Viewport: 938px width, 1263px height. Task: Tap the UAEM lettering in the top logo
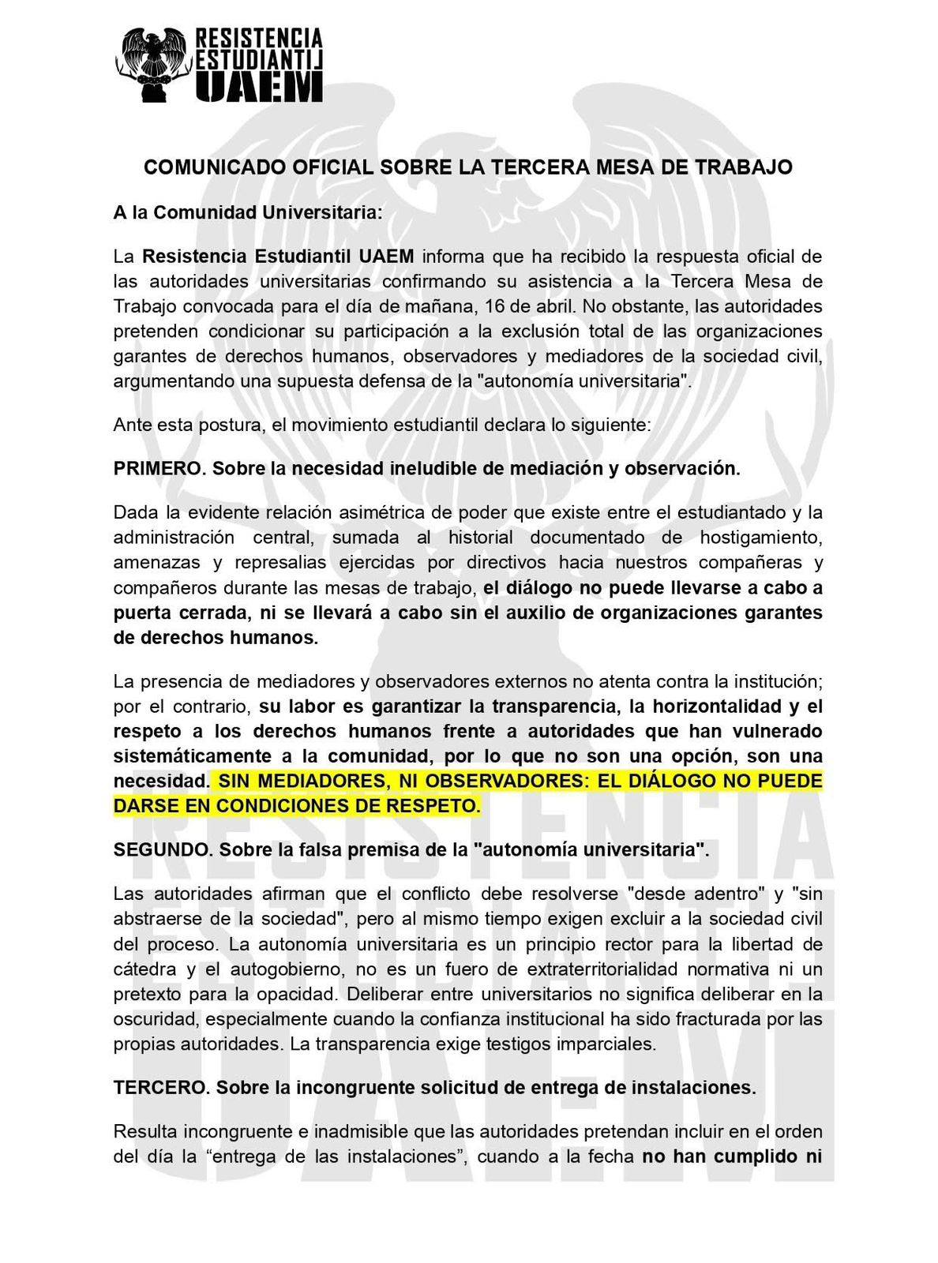259,86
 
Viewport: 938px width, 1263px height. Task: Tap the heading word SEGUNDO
162,850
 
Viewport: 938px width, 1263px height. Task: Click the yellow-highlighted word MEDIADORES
303,781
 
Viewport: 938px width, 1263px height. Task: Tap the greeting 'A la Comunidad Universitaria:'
248,212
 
